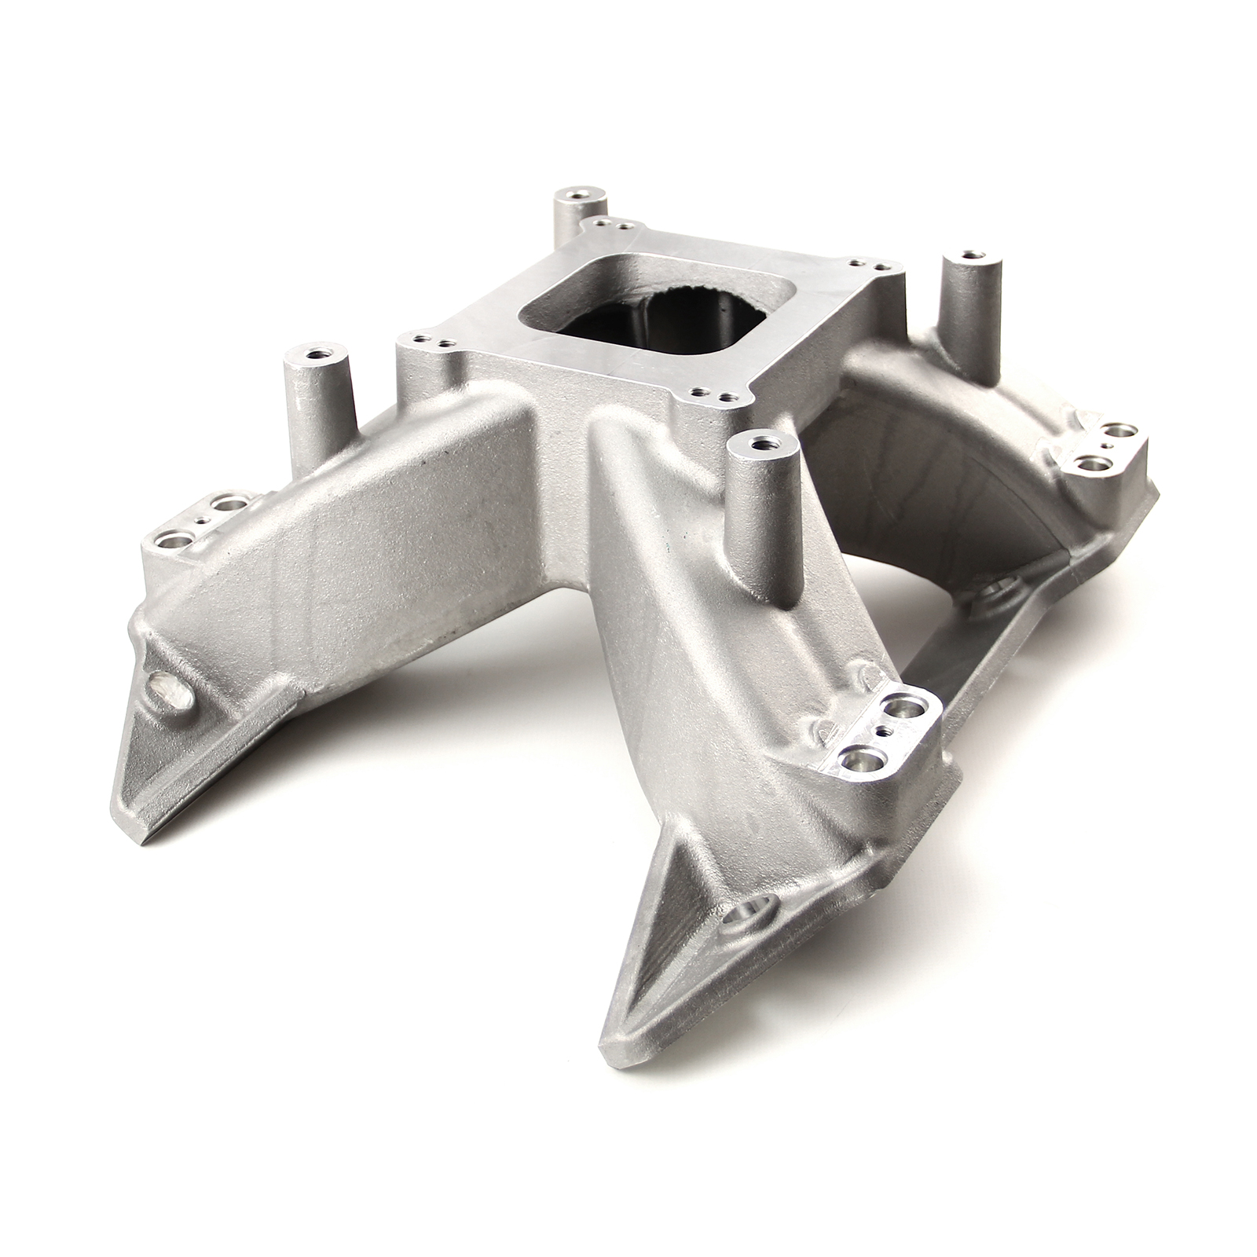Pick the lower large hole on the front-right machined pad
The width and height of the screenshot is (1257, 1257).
coord(855,759)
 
